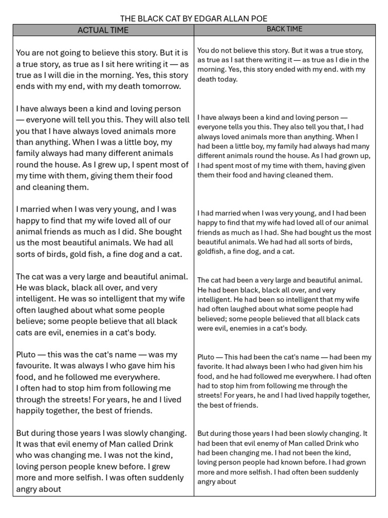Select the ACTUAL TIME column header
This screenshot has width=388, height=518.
tap(103, 30)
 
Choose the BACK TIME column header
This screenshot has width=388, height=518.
tap(284, 29)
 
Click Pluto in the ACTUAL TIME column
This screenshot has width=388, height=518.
tap(26, 355)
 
